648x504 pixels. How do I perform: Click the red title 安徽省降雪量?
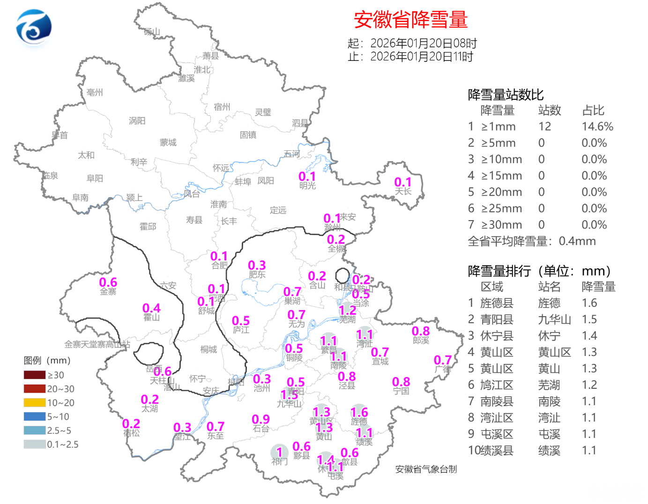pyautogui.click(x=410, y=20)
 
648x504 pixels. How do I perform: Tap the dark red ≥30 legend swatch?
pyautogui.click(x=35, y=375)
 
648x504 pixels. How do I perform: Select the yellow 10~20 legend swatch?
pyautogui.click(x=35, y=402)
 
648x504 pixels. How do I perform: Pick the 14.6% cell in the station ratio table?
pyautogui.click(x=597, y=126)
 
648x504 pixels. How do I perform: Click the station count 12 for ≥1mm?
pyautogui.click(x=544, y=126)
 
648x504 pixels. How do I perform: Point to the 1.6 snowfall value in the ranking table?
pyautogui.click(x=589, y=303)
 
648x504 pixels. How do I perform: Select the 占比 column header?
pyautogui.click(x=593, y=111)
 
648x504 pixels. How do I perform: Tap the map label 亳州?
pyautogui.click(x=95, y=92)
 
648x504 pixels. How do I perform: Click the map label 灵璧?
pyautogui.click(x=263, y=112)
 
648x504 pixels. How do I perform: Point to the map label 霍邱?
pyautogui.click(x=148, y=226)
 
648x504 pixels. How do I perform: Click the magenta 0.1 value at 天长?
pyautogui.click(x=402, y=182)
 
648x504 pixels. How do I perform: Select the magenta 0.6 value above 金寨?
pyautogui.click(x=108, y=282)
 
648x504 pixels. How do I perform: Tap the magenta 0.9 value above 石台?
pyautogui.click(x=261, y=419)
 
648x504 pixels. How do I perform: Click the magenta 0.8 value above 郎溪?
pyautogui.click(x=420, y=331)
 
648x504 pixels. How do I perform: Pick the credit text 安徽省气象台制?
pyautogui.click(x=426, y=469)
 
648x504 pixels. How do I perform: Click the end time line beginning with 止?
pyautogui.click(x=410, y=57)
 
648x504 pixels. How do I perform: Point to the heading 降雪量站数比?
pyautogui.click(x=506, y=95)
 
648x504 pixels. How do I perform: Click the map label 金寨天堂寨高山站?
pyautogui.click(x=97, y=344)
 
